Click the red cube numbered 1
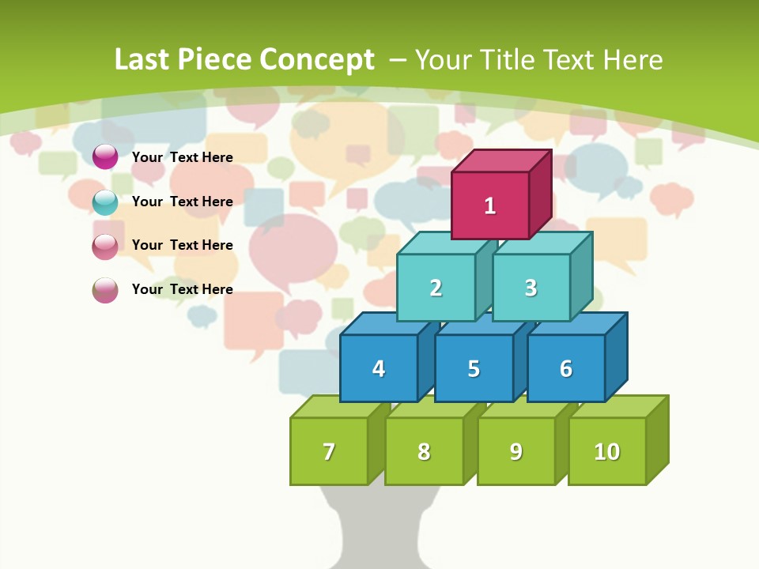click(x=490, y=205)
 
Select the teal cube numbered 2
click(x=436, y=288)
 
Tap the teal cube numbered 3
click(x=531, y=288)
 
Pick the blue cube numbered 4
click(x=379, y=368)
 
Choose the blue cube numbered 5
click(x=474, y=368)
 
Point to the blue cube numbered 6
click(x=566, y=368)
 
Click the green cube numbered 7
click(x=329, y=451)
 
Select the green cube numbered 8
click(x=424, y=451)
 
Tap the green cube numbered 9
click(x=516, y=451)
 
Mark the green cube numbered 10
click(x=607, y=451)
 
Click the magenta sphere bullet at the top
click(x=105, y=156)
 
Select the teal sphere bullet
click(x=105, y=202)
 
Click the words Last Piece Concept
click(x=244, y=59)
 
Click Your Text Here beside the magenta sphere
click(x=183, y=157)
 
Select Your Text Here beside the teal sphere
click(x=183, y=202)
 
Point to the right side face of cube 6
click(x=617, y=356)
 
